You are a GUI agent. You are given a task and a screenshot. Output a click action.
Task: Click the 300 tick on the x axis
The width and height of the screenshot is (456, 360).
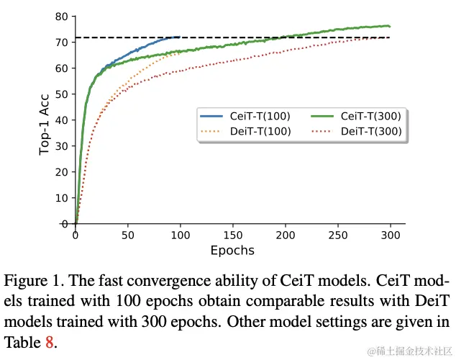point(391,235)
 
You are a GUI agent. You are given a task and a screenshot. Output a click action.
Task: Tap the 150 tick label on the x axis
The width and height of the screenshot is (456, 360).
point(233,235)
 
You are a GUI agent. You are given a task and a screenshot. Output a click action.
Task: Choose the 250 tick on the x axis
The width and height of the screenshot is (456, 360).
point(338,235)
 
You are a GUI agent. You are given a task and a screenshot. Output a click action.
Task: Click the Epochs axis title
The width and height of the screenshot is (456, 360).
point(232,251)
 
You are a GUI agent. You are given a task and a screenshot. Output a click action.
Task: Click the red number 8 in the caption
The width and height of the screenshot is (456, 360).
point(50,343)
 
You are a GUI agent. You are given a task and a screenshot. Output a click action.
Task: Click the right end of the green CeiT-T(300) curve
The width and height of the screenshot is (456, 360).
point(390,27)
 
